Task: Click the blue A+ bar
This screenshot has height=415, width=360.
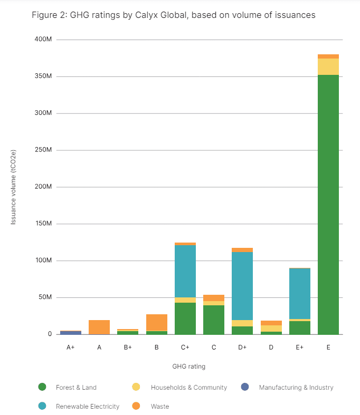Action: click(71, 332)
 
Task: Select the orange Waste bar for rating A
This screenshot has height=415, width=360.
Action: click(99, 327)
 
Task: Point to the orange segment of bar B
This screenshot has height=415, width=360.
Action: click(157, 322)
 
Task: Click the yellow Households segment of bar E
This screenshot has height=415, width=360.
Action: click(328, 66)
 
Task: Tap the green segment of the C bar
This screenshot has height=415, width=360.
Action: click(214, 320)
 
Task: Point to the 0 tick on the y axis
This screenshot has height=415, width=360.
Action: click(50, 334)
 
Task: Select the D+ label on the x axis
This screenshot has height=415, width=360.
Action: click(242, 348)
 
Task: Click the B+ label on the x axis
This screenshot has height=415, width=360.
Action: click(128, 348)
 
